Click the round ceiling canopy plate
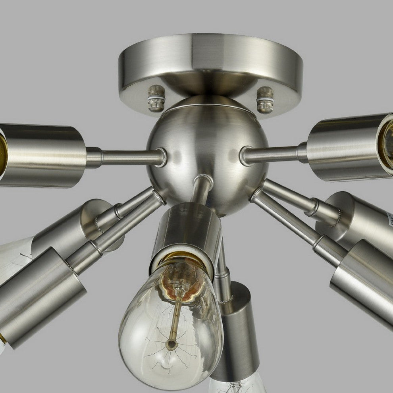tap(210, 60)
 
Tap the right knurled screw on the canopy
tap(265, 99)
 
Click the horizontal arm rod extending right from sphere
tap(274, 154)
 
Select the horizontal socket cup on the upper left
tap(44, 155)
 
